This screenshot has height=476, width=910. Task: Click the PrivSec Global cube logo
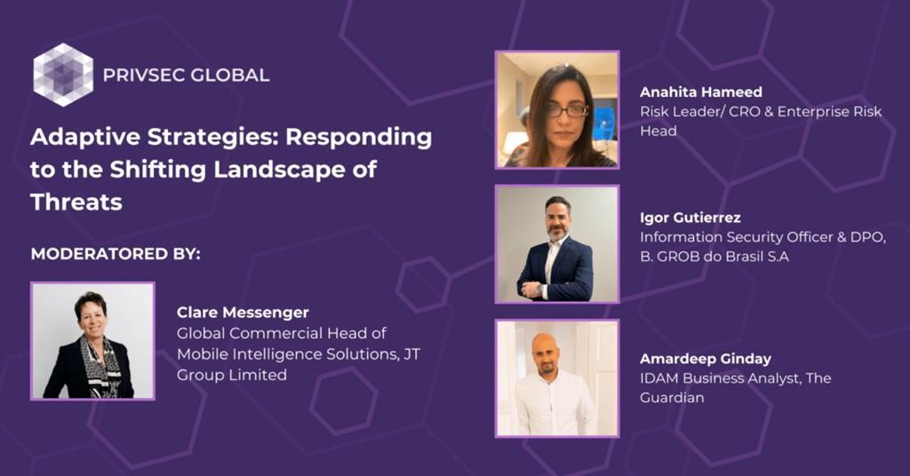coord(63,75)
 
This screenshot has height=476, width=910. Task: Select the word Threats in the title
coord(76,202)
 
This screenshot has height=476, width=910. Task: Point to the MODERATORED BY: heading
coord(116,254)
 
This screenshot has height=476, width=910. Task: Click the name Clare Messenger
coord(243,313)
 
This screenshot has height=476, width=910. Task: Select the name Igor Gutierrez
coord(690,218)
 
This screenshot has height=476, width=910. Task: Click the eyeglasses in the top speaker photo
coord(567,110)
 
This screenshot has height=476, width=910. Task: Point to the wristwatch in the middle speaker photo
coord(539,286)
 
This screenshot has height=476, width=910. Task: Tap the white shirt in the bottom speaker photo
coord(555,404)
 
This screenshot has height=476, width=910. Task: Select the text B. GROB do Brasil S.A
coord(714,257)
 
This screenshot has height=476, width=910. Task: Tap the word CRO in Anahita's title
coord(739,111)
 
